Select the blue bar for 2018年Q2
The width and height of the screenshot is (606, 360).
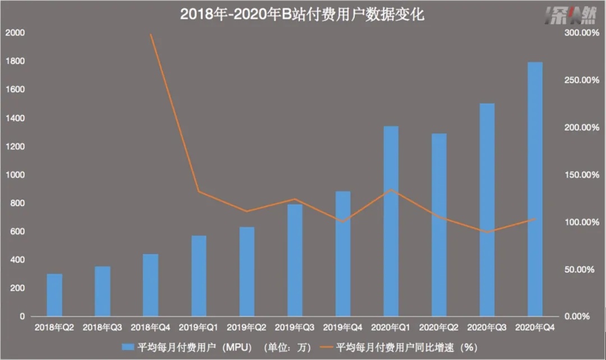54,296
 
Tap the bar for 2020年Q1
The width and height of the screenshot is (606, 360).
391,221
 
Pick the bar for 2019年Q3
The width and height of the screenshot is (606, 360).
295,261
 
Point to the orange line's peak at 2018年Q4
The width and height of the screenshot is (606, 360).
151,34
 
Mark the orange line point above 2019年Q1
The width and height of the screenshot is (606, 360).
199,192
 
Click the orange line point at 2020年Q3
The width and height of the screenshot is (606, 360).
487,232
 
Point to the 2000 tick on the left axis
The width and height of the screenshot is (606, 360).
15,33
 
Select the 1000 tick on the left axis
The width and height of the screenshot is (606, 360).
15,175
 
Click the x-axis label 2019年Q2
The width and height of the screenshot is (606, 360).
246,327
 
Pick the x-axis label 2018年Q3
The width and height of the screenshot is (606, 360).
102,327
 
